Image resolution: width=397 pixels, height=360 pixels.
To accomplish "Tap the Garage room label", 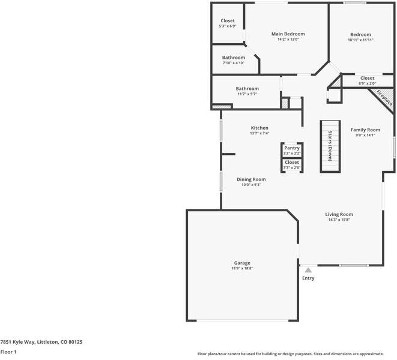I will tap(242, 263).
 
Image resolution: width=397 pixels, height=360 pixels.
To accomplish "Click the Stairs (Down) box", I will tap(330, 146).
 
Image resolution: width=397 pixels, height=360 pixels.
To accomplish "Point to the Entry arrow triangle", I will tap(308, 271).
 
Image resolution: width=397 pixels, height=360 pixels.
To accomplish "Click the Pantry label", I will tap(292, 148).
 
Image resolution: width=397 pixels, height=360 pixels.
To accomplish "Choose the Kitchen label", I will tap(259, 128).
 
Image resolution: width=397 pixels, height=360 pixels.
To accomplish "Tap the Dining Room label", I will tap(251, 179).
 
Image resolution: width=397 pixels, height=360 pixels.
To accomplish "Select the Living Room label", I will tap(339, 214).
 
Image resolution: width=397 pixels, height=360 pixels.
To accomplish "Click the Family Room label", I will tap(365, 130).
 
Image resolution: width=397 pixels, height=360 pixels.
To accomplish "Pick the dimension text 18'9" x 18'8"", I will tap(242, 269).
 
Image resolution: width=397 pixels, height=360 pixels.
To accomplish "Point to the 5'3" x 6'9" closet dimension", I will tap(228, 26).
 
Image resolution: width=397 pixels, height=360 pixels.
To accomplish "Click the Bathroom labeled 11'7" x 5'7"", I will tap(247, 89).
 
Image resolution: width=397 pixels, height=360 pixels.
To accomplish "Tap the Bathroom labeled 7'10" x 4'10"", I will tap(234, 58).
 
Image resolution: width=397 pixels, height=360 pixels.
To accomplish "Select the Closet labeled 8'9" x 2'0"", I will tap(367, 78).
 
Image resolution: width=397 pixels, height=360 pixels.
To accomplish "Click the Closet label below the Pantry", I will tap(292, 162).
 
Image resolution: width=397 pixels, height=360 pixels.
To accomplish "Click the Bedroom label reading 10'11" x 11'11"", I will tap(360, 35).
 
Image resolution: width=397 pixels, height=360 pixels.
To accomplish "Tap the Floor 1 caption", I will tap(8, 352).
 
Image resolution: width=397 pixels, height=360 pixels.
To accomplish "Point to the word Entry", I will tap(308, 278).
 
